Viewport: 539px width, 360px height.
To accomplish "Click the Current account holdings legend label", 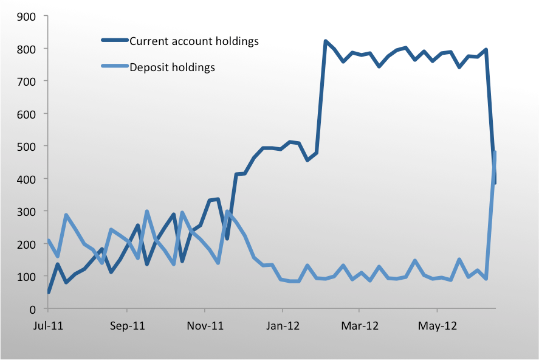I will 194,41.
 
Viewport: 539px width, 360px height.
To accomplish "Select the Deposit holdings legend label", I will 173,67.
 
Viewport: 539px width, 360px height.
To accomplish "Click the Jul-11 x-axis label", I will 49,326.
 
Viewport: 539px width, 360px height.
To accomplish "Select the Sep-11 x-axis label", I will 128,326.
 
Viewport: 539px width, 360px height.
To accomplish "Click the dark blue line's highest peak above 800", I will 326,41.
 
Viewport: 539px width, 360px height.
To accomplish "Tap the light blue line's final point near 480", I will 495,152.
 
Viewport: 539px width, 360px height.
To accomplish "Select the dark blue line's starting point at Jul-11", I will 49,292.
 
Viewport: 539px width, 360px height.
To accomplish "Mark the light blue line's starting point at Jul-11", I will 49,241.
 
